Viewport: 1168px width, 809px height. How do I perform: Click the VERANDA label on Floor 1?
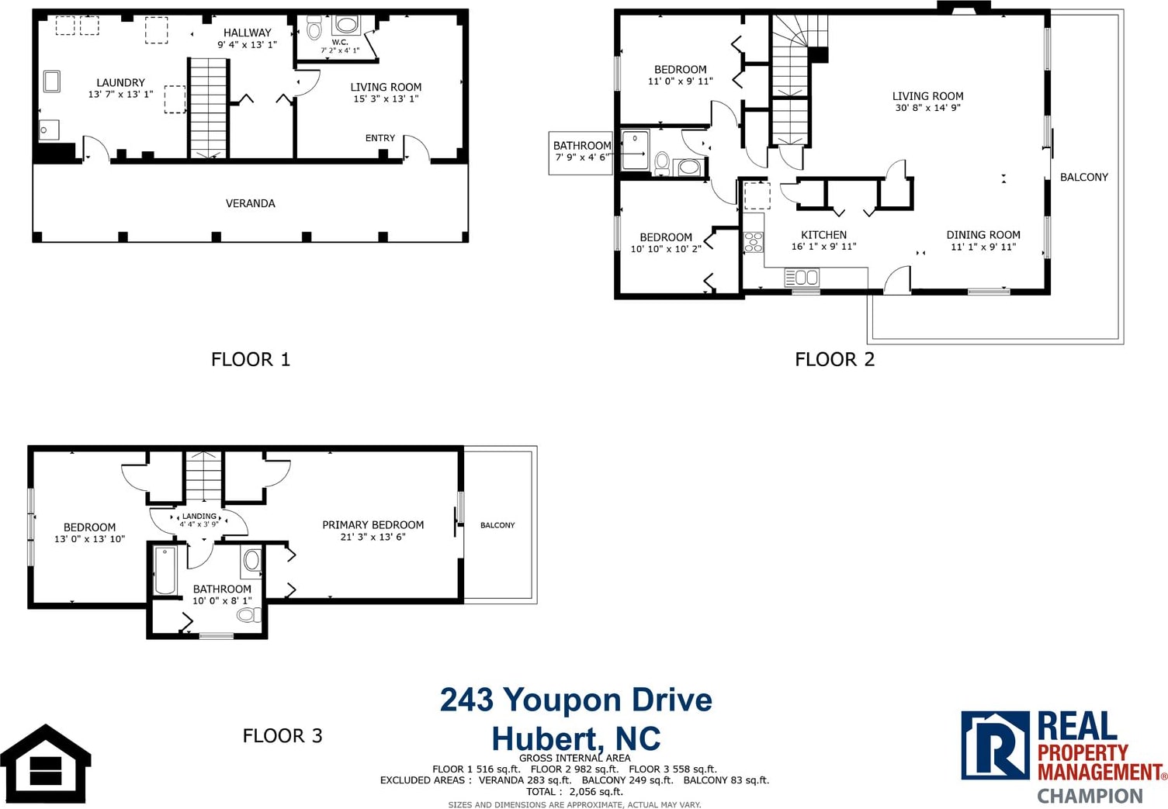[x=250, y=203]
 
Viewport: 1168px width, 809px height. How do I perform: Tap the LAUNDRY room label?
[x=120, y=82]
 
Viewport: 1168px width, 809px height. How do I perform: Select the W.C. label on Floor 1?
[x=340, y=42]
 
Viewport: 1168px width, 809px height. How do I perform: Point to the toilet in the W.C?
[x=314, y=28]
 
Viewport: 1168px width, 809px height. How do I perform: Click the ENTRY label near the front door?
[x=380, y=138]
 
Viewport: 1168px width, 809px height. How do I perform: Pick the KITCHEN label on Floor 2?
[x=824, y=234]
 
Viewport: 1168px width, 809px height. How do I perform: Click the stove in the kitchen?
[x=754, y=242]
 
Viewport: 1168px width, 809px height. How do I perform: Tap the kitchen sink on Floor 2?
[x=802, y=277]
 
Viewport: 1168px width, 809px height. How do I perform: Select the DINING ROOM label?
[x=983, y=234]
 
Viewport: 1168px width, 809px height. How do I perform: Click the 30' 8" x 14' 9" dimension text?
[x=928, y=108]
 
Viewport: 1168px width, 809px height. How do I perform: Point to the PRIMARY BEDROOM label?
[x=373, y=525]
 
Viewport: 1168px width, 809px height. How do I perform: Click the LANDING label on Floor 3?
[x=199, y=516]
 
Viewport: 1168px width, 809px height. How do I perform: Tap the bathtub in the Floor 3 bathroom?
[x=165, y=570]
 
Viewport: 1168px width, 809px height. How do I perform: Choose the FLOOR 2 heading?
[x=834, y=359]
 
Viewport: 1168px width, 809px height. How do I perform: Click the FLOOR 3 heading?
[x=282, y=735]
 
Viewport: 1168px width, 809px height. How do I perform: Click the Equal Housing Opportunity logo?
[x=45, y=764]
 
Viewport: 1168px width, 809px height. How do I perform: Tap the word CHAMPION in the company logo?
[x=1090, y=797]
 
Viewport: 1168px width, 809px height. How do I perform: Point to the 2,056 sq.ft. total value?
[x=597, y=791]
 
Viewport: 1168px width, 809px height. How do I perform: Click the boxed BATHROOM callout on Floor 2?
[x=581, y=152]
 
